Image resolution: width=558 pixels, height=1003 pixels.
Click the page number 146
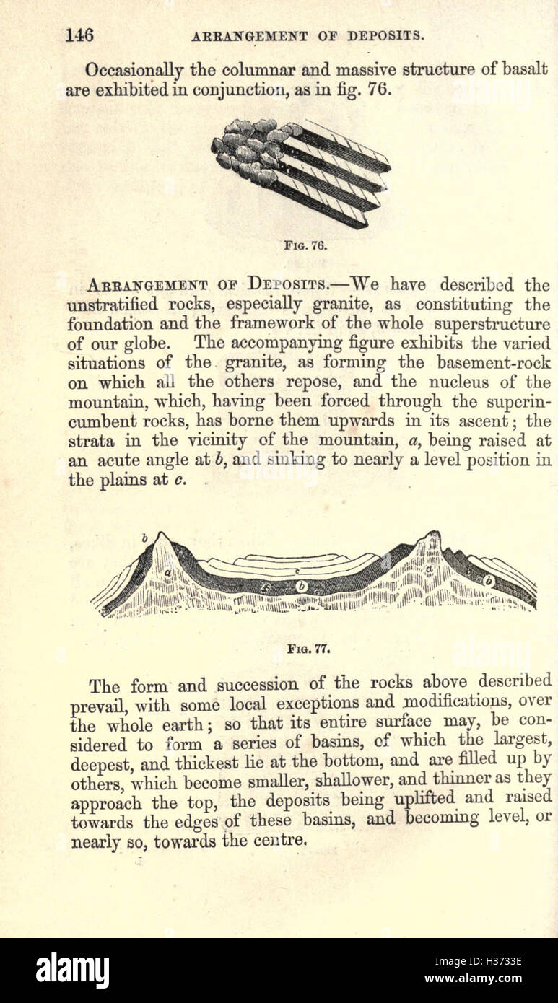click(79, 35)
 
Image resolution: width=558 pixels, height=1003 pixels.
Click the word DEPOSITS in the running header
click(386, 35)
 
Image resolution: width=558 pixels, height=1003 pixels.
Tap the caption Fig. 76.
click(306, 245)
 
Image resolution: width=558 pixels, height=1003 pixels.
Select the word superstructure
click(490, 324)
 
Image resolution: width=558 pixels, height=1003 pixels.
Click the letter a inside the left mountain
click(167, 572)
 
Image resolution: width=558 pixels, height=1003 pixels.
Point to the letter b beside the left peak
click(145, 538)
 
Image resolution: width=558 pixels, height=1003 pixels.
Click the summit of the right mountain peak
click(433, 535)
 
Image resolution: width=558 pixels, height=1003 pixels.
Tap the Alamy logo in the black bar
click(72, 970)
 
